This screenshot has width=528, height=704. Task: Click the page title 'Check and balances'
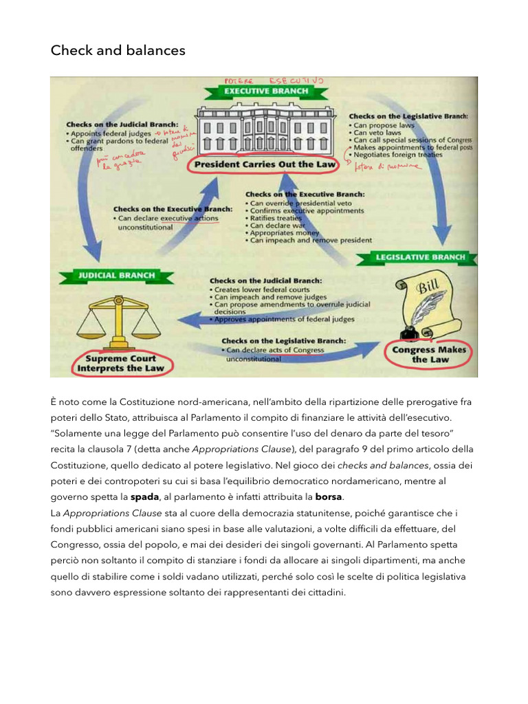click(118, 51)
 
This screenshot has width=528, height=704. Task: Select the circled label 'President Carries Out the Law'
click(265, 165)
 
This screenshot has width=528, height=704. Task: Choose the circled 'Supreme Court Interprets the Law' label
click(121, 362)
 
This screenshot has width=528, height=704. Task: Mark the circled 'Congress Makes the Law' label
click(429, 355)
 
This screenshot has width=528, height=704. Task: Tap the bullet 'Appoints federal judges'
click(111, 133)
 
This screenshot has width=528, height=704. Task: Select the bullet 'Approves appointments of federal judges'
click(285, 319)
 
